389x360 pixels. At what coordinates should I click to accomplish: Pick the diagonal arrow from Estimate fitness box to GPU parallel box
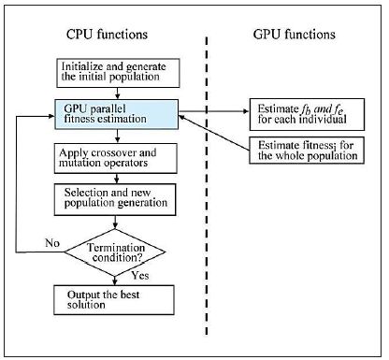[x=213, y=131]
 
